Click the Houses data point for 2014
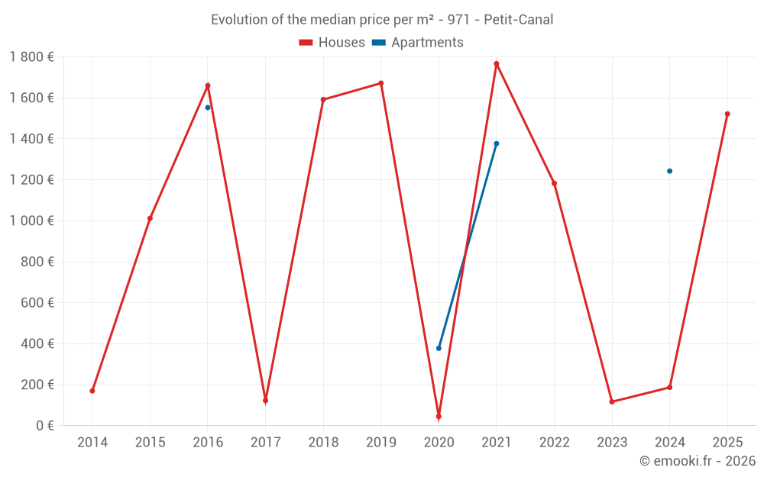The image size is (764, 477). click(92, 391)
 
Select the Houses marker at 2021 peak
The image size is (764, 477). click(497, 64)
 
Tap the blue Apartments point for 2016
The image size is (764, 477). click(208, 108)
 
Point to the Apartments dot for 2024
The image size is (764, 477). click(670, 171)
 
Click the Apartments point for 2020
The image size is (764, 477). click(439, 348)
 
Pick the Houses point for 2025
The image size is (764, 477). click(727, 114)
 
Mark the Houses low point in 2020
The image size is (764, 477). click(439, 417)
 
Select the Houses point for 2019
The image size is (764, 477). click(381, 83)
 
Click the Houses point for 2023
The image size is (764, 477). click(612, 401)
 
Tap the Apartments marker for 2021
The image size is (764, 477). click(497, 143)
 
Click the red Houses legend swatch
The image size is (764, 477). click(306, 43)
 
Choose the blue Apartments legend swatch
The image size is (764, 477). click(379, 43)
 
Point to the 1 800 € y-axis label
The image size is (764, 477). click(31, 57)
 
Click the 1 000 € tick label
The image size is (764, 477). click(31, 221)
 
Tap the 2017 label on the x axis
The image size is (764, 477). click(265, 443)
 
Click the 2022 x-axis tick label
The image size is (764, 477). click(554, 443)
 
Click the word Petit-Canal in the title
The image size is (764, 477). click(519, 20)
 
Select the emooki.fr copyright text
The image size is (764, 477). click(698, 461)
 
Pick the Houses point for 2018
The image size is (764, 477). click(323, 99)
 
